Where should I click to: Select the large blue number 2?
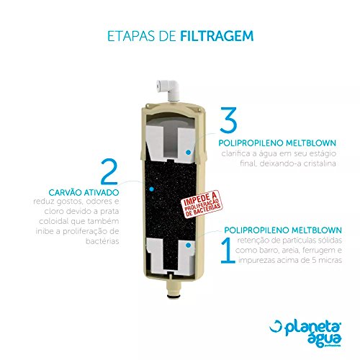click(109, 173)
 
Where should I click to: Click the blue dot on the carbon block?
click(151, 187)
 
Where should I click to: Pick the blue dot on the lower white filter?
click(188, 246)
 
